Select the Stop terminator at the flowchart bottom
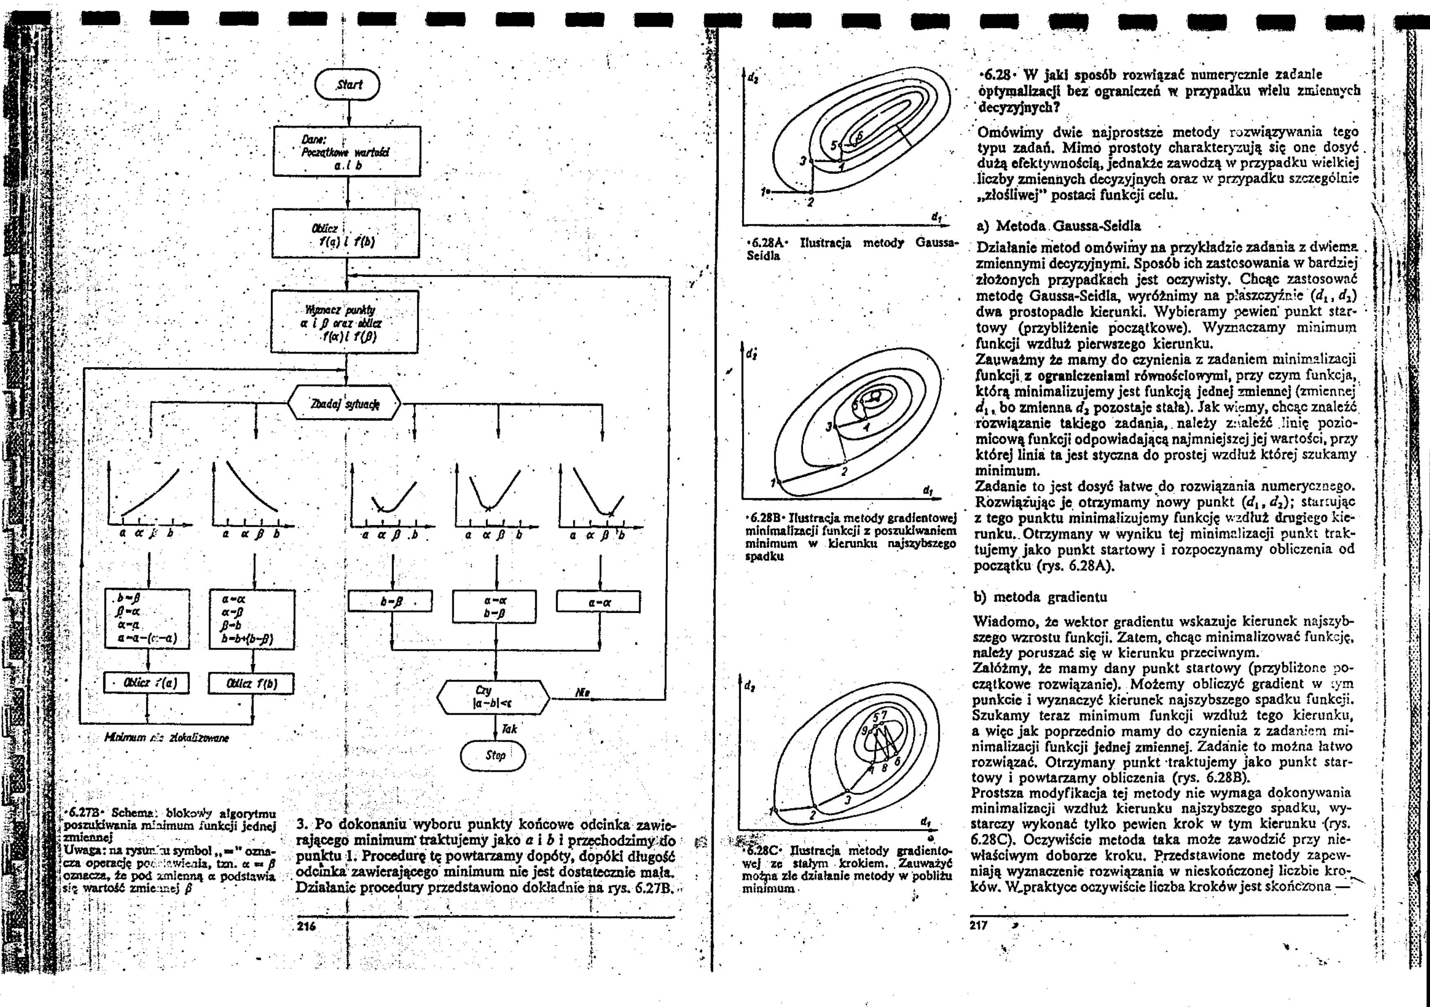coord(493,755)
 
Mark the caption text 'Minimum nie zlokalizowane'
coord(167,737)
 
